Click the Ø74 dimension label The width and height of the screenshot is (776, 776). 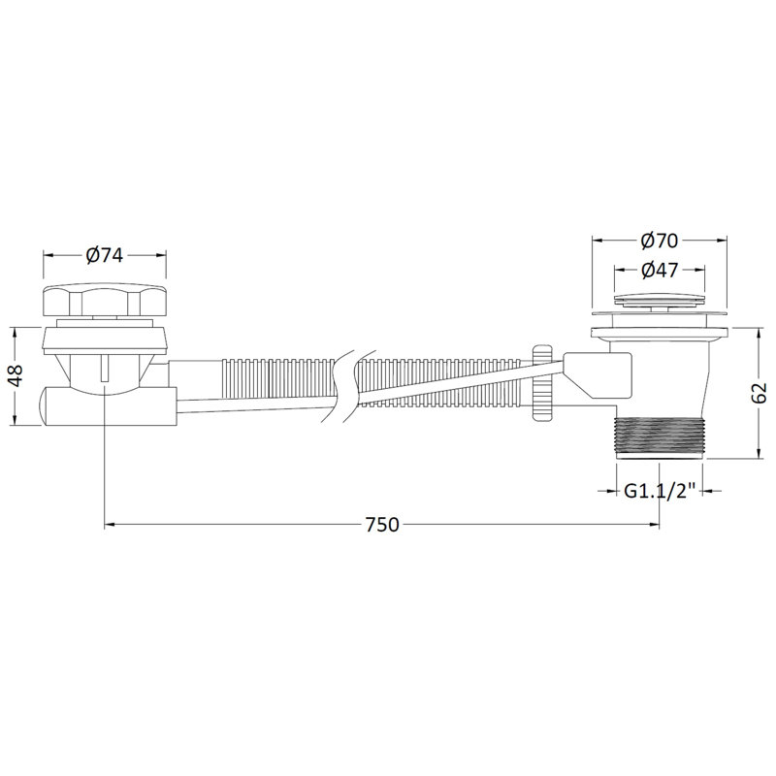point(104,255)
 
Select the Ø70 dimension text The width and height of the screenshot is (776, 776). point(659,241)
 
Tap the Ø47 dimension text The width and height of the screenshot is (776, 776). point(659,271)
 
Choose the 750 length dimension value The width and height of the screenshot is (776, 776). point(382,525)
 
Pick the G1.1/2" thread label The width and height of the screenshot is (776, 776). point(660,491)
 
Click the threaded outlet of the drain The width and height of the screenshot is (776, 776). point(659,438)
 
